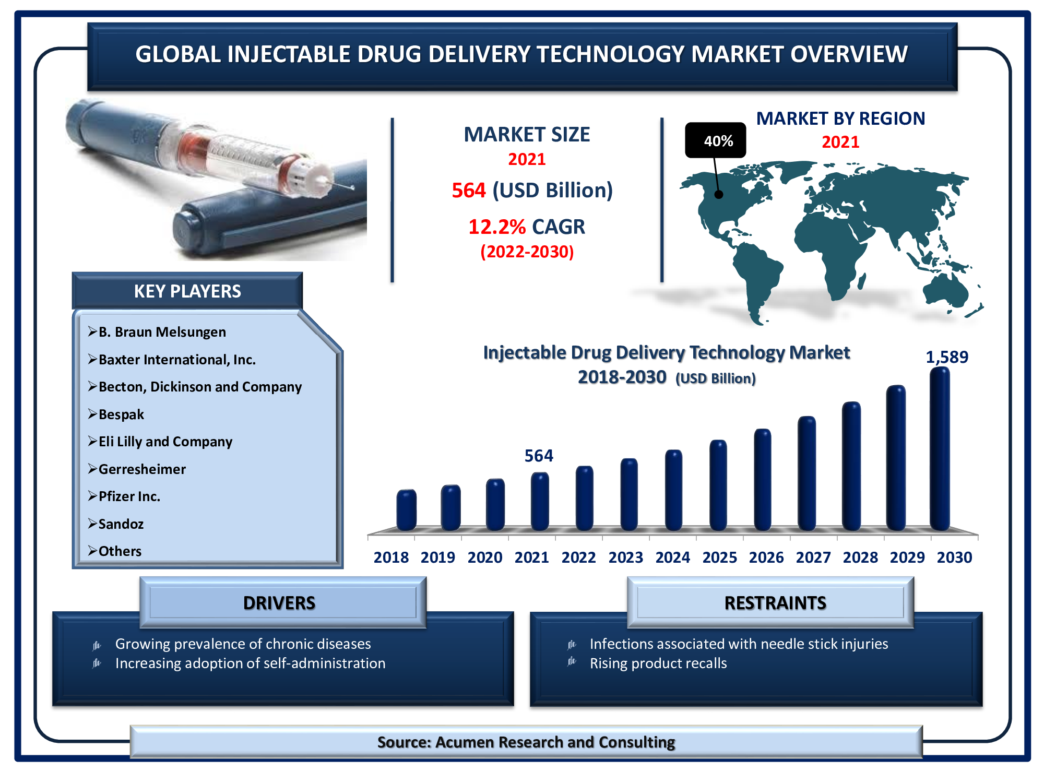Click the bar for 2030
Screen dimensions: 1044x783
[940, 449]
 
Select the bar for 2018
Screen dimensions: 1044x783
[406, 510]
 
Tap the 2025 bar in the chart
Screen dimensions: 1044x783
[718, 485]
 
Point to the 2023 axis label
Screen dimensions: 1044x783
[626, 557]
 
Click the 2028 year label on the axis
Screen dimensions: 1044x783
[860, 557]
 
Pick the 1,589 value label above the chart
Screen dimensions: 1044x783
[947, 357]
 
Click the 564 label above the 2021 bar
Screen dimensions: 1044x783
[539, 456]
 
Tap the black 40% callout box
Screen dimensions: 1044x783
[716, 140]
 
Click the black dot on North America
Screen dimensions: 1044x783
[719, 194]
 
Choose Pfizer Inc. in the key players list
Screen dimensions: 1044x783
[129, 496]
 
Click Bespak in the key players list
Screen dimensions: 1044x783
[121, 414]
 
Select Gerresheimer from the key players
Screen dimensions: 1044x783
[142, 469]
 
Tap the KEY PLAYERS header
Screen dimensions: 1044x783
[187, 291]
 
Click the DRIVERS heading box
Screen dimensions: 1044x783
[283, 602]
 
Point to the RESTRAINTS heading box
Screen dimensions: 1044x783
[770, 602]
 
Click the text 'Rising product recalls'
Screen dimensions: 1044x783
[658, 663]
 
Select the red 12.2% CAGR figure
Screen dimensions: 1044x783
[497, 227]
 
